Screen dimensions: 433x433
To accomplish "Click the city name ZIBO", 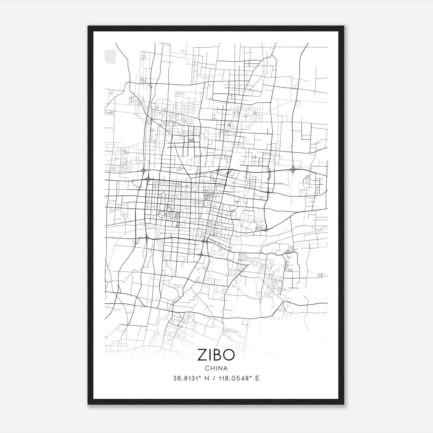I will click(216, 355).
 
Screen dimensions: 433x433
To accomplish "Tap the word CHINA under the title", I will click(216, 368).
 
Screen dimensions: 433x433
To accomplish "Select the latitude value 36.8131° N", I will click(191, 378).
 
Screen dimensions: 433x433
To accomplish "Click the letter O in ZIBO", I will click(229, 355).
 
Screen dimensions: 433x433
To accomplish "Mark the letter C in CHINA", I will click(207, 368).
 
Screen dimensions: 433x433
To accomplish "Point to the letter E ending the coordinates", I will click(257, 378).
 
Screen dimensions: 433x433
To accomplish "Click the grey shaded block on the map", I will click(110, 57).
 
